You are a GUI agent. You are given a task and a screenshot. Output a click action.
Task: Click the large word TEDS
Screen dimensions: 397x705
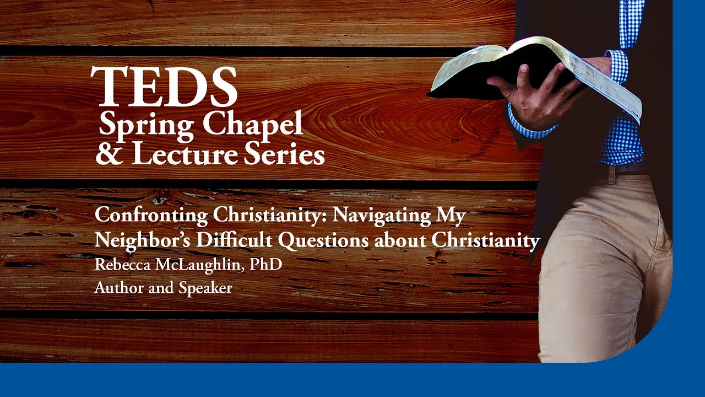164,87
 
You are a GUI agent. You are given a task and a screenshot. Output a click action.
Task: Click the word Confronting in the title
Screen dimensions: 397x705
151,215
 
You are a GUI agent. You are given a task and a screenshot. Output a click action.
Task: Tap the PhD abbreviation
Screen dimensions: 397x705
266,265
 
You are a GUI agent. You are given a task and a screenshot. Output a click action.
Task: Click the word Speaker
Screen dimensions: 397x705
205,288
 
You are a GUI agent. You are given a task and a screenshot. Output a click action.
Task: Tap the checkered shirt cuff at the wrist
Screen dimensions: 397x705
529,127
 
